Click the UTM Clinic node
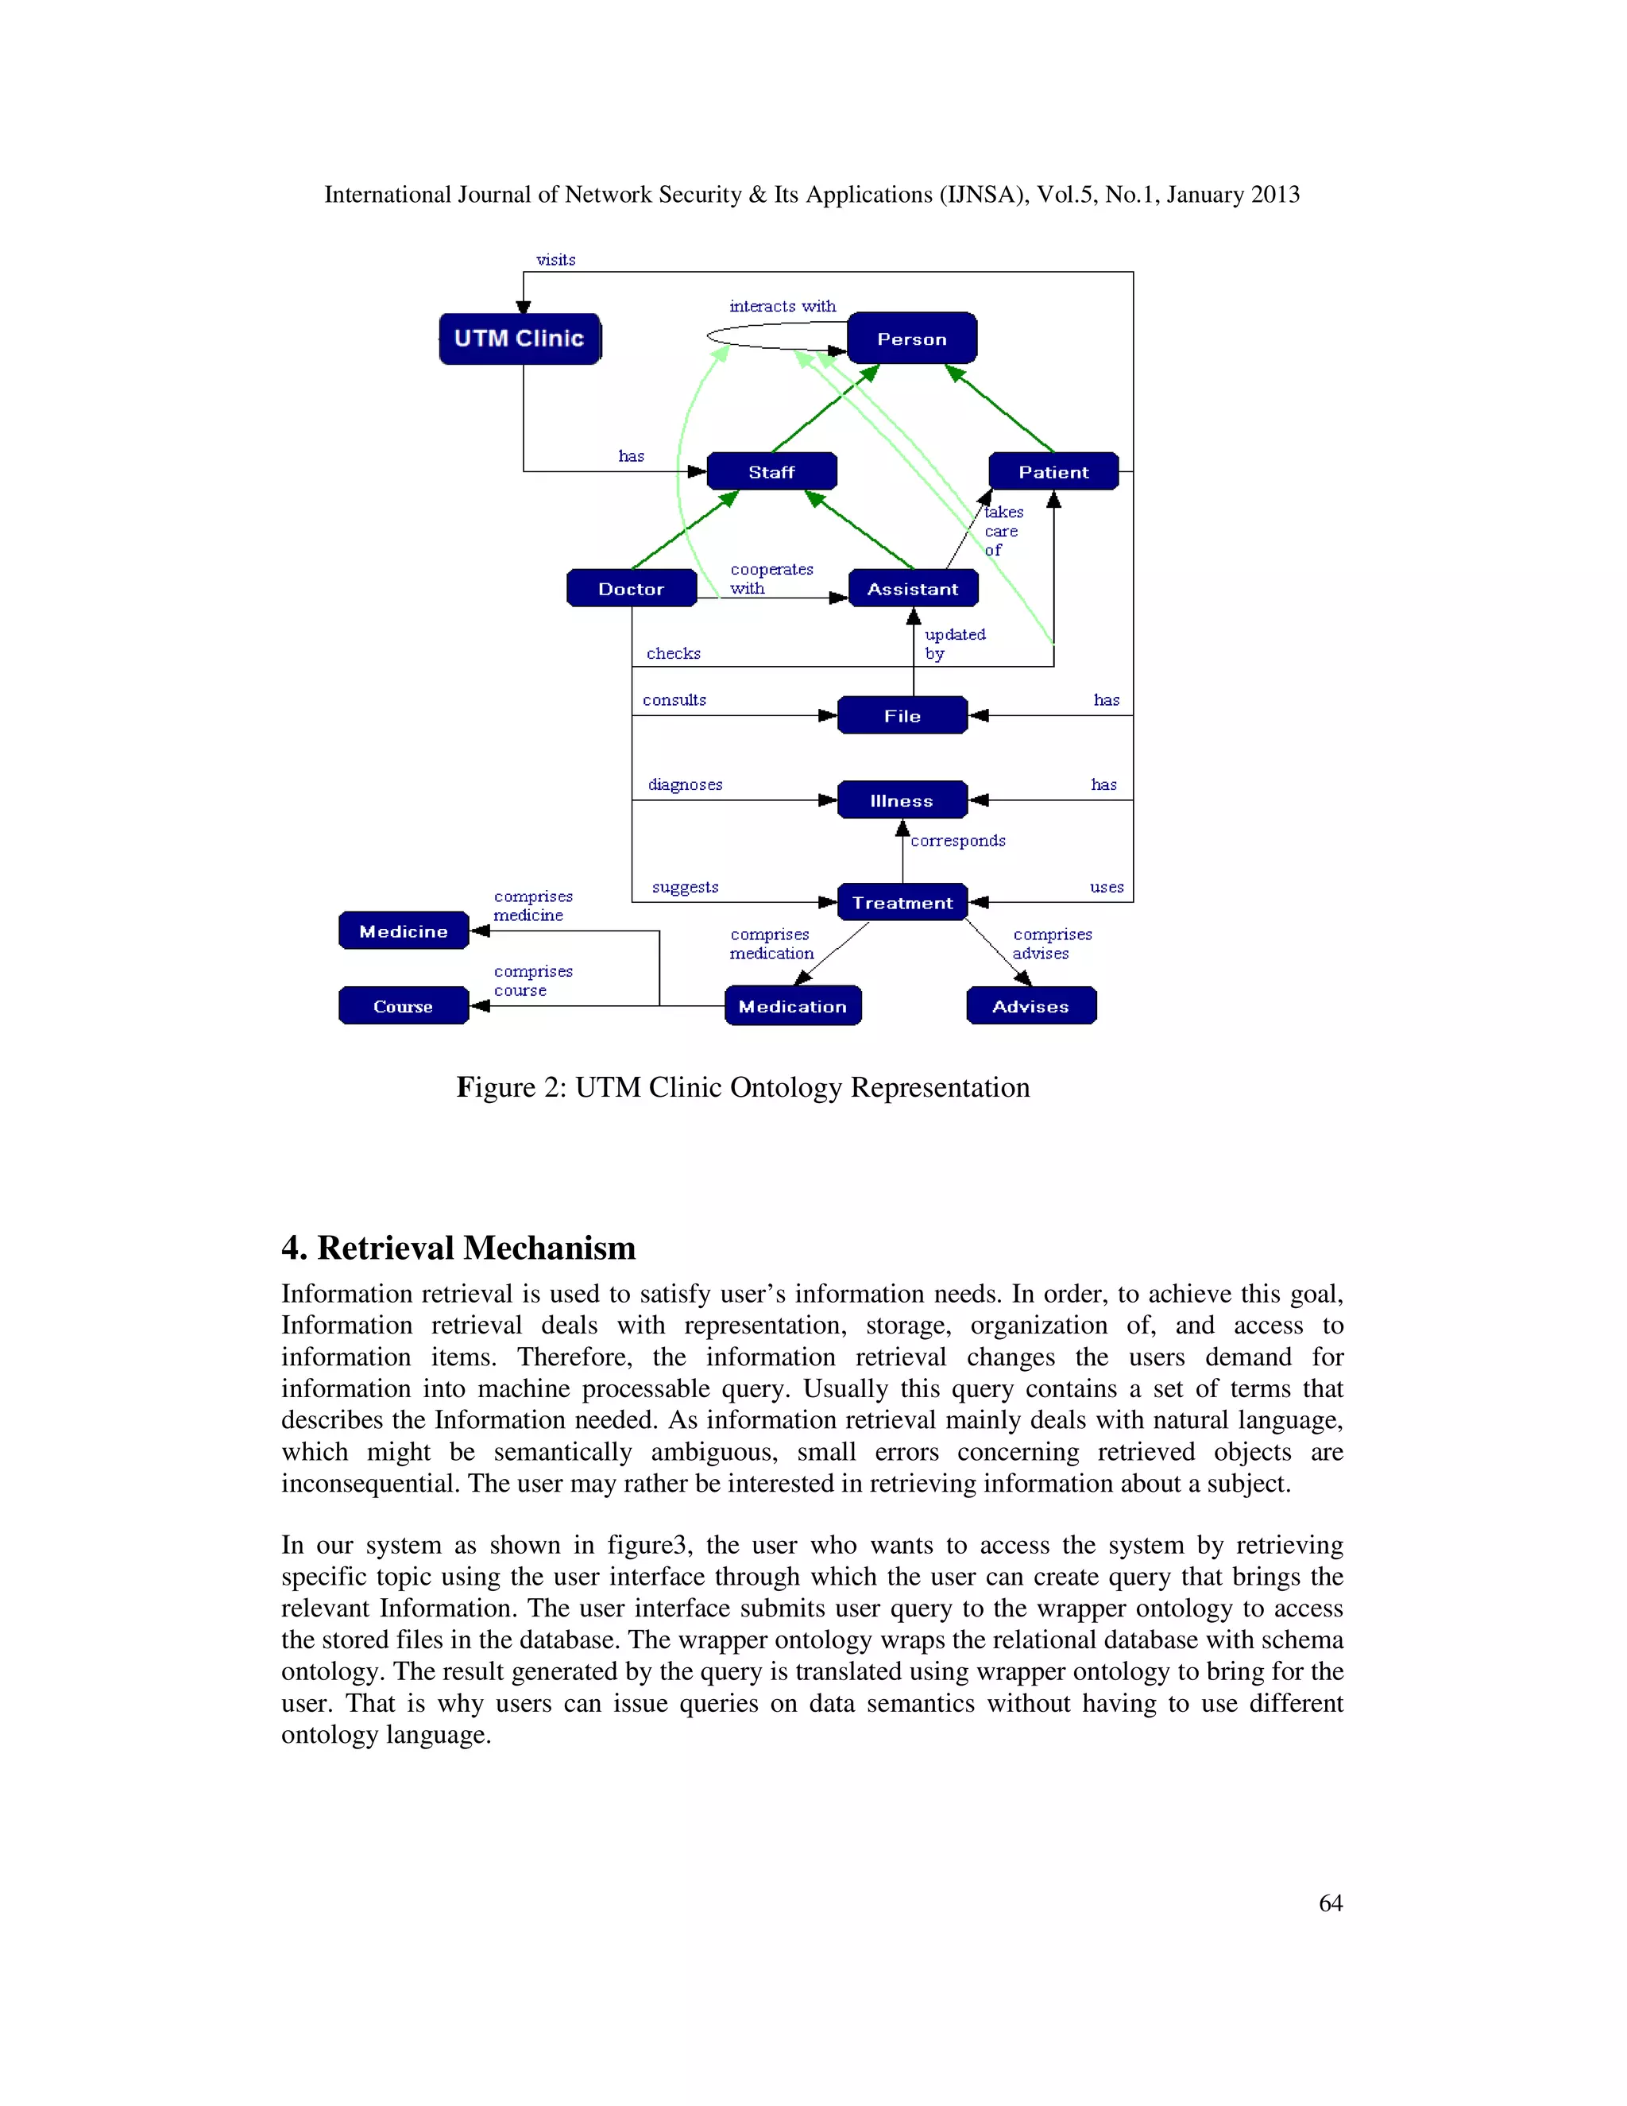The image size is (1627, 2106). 520,339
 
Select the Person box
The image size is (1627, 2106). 912,339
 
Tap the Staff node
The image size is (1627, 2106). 771,471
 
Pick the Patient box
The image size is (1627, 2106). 1053,471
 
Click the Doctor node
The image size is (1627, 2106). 632,588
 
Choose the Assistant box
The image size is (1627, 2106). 913,588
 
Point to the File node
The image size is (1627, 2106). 902,715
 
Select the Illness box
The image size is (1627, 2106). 902,800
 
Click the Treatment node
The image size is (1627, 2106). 902,903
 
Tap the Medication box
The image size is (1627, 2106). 792,1006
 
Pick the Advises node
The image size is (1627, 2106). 1030,1006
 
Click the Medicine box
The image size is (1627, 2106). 403,931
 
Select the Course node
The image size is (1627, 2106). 403,1006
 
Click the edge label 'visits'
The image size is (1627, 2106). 556,259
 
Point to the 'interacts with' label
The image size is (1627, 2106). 783,306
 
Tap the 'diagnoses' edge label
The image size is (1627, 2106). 686,784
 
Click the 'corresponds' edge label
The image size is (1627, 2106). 958,840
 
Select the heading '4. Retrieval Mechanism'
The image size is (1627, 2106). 459,1248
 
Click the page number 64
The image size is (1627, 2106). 1330,1903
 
